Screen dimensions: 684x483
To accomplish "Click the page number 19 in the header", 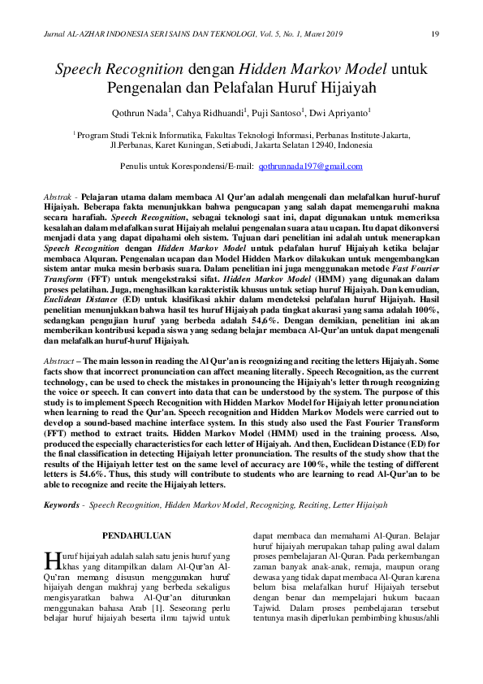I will tap(435, 33).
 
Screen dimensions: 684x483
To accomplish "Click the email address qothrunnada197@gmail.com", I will tap(310, 166).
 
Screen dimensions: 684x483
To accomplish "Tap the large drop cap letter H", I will tap(52, 560).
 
